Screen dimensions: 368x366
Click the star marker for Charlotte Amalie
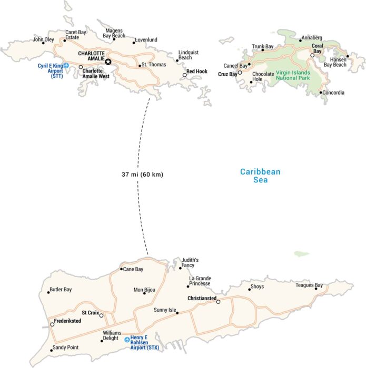[x=108, y=62]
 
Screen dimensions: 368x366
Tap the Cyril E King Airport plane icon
[x=66, y=66]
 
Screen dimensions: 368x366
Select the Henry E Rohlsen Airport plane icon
[x=127, y=340]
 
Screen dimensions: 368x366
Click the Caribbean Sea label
[x=260, y=176]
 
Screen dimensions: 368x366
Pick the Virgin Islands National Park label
[x=293, y=75]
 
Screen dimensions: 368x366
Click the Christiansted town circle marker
[x=218, y=302]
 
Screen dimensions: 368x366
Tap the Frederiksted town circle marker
[x=52, y=325]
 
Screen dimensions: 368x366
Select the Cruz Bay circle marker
[x=240, y=73]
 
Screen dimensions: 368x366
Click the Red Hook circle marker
[x=185, y=75]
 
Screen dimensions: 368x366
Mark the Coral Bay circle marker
[x=312, y=55]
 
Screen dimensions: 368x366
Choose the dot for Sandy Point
[x=52, y=350]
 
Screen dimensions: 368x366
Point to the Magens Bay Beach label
[x=114, y=33]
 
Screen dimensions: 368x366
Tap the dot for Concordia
[x=321, y=93]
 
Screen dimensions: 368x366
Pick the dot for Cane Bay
[x=121, y=269]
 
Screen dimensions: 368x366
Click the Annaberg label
[x=311, y=38]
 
